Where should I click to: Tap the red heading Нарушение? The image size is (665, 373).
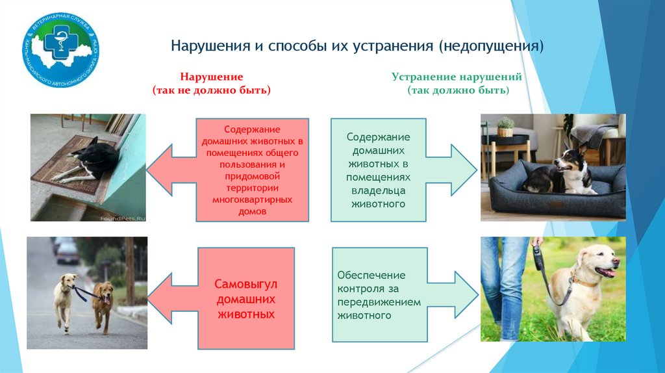coord(212,77)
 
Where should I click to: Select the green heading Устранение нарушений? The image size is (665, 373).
coord(457,77)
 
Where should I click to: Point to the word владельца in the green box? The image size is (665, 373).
coord(378,190)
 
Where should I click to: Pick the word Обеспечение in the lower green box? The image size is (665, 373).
coord(371,275)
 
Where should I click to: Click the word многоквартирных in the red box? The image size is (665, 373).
coord(253,200)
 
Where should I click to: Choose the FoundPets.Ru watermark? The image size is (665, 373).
coord(123,219)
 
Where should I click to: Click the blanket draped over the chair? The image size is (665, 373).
coord(594,133)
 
